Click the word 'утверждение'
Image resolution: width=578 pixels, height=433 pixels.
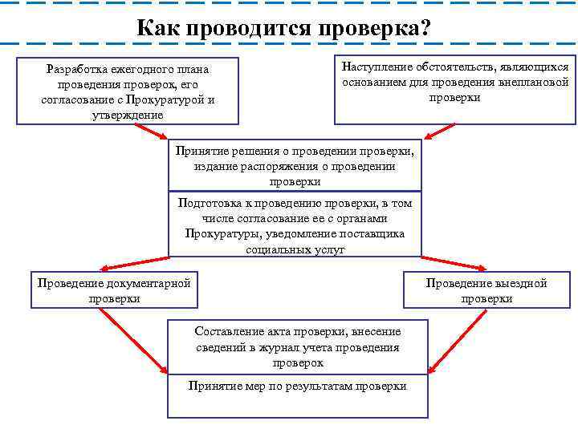coord(128,115)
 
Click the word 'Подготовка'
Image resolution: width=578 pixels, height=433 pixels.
coord(207,203)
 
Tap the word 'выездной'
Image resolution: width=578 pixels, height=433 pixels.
coord(521,283)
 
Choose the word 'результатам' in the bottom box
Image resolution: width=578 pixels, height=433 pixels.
coord(328,386)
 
